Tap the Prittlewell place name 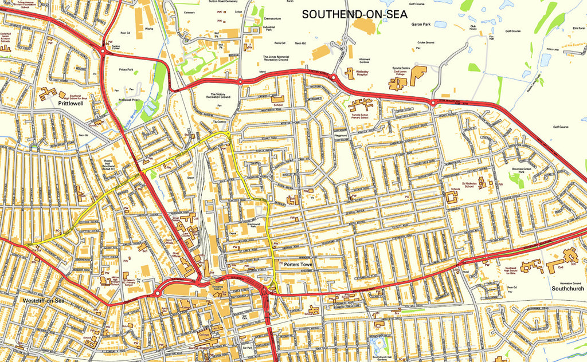click(x=72, y=104)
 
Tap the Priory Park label click(x=126, y=69)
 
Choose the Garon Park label click(x=421, y=24)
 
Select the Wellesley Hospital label click(x=364, y=73)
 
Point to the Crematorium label click(x=272, y=19)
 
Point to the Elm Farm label click(x=577, y=27)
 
